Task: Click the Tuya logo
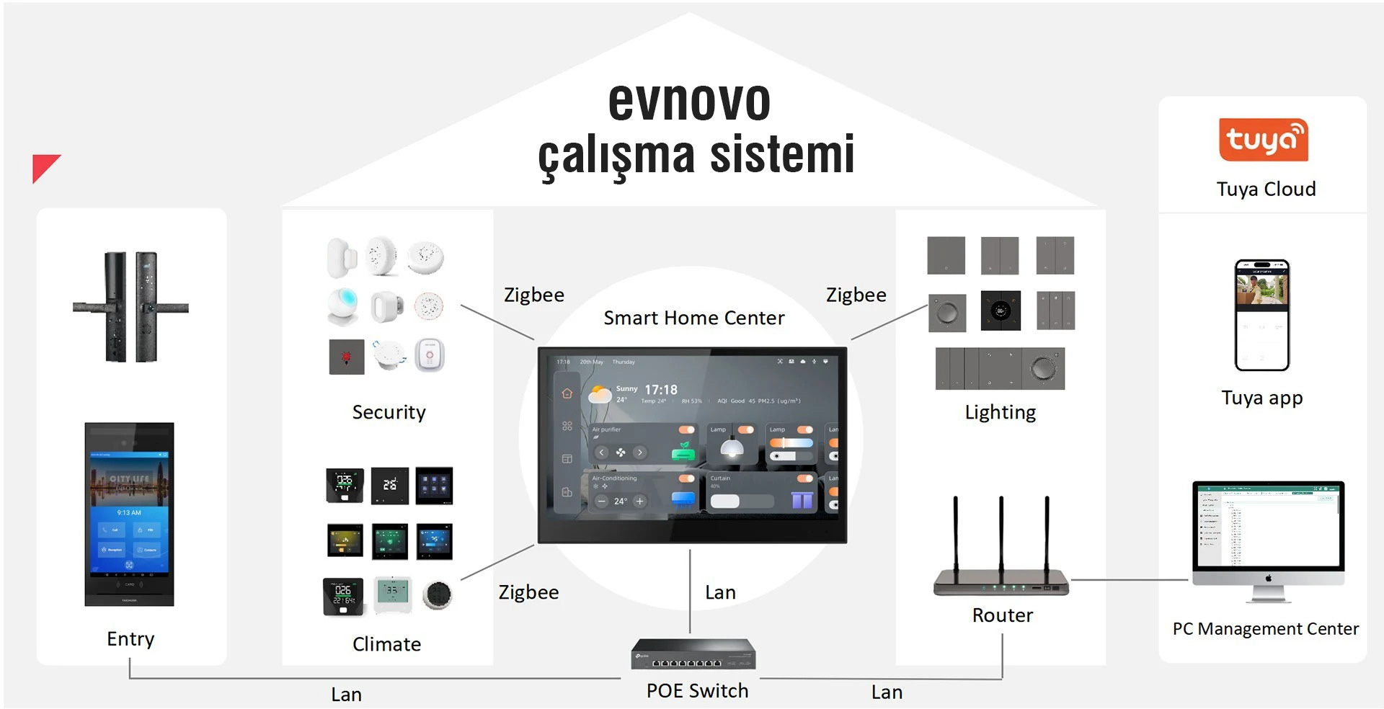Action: click(x=1263, y=140)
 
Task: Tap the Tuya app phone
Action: click(x=1261, y=315)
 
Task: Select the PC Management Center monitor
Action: click(x=1268, y=533)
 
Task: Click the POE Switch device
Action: click(x=693, y=654)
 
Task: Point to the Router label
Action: click(x=1002, y=615)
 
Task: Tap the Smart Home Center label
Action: click(x=693, y=318)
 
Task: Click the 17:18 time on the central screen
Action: click(x=661, y=390)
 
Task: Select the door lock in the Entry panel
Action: click(x=130, y=307)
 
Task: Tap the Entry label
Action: click(x=130, y=639)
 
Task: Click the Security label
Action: click(x=389, y=412)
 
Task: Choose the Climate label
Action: click(x=386, y=644)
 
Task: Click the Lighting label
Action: click(x=1000, y=412)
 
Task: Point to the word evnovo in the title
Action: click(x=689, y=101)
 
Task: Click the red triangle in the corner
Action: click(x=43, y=166)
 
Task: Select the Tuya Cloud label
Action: click(x=1266, y=189)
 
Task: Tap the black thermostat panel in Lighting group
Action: click(x=1001, y=311)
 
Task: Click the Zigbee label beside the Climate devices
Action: click(x=528, y=592)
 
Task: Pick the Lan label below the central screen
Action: click(x=720, y=592)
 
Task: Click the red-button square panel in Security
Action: click(x=347, y=357)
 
